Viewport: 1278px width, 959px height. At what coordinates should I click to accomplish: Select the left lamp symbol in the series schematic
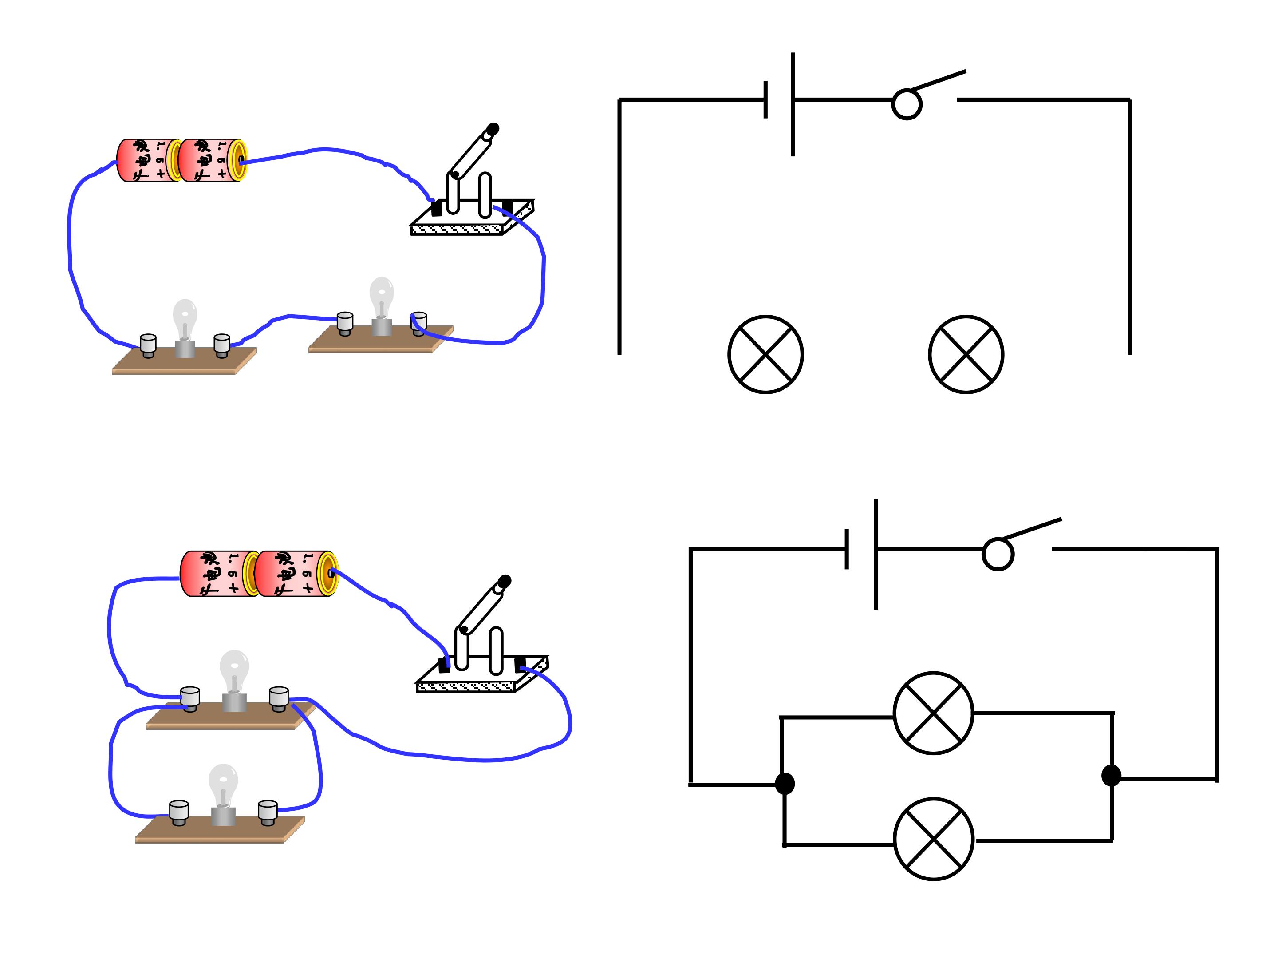click(x=765, y=354)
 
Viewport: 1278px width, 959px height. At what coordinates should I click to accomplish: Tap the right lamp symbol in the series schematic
click(x=966, y=354)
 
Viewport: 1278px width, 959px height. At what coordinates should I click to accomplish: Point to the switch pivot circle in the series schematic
click(x=907, y=105)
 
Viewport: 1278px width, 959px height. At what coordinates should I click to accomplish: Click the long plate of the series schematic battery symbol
click(x=793, y=104)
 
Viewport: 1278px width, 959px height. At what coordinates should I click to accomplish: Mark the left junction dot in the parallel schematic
click(x=785, y=784)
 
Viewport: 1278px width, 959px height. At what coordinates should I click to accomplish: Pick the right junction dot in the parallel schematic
click(x=1111, y=775)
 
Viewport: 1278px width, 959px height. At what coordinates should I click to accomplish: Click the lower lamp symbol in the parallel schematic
click(x=933, y=839)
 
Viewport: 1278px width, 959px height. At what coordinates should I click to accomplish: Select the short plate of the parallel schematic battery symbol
click(x=846, y=549)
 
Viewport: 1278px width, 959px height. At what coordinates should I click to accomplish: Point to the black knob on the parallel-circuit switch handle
click(x=505, y=580)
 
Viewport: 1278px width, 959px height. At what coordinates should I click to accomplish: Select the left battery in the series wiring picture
click(x=148, y=160)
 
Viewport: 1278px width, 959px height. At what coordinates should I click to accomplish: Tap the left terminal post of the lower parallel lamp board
click(x=178, y=812)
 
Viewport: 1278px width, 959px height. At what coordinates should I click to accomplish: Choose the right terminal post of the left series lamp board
click(x=222, y=345)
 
